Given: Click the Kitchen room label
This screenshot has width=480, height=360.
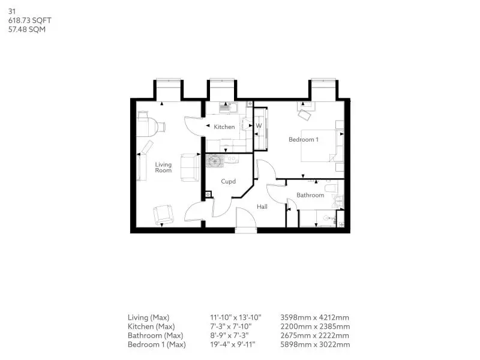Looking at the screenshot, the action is [224, 127].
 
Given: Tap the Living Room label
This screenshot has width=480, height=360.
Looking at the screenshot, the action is [163, 167].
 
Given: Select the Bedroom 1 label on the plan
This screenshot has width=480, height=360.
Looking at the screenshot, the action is [304, 140].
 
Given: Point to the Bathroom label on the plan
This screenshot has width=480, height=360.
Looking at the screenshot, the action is [310, 195].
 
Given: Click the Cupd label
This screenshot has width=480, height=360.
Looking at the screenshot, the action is [229, 182].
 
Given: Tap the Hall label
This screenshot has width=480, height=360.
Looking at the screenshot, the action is [262, 206].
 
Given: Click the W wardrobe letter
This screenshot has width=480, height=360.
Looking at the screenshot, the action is [259, 125].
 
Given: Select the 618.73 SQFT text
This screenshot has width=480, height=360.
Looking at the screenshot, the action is [29, 20].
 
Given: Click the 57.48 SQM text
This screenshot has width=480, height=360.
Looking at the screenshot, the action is [27, 29].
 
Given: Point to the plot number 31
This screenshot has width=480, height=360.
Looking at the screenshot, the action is [11, 11].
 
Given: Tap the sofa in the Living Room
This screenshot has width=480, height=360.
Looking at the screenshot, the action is [190, 167].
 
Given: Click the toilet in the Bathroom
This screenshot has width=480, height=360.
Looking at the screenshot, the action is [331, 188].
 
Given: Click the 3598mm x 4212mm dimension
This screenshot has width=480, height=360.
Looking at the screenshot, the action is [314, 317].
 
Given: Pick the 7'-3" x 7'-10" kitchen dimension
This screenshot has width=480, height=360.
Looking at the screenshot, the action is [230, 326].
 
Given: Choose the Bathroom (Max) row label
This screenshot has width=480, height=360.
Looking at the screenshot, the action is [155, 335].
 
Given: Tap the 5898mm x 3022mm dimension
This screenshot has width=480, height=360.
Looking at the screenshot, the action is [315, 344].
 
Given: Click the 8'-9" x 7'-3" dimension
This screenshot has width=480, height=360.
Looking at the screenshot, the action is [229, 335].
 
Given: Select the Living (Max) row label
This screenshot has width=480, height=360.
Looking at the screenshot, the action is [148, 318].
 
